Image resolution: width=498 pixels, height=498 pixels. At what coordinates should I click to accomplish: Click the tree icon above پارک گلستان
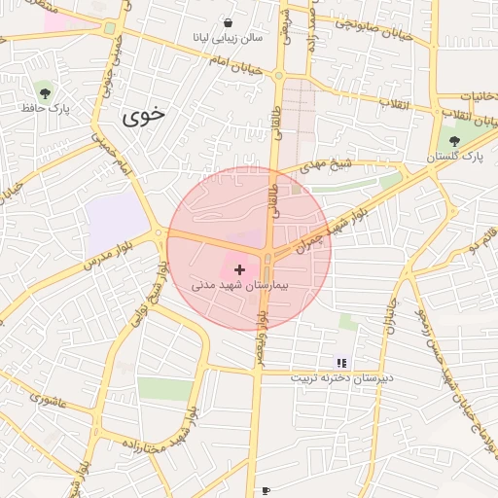point(454,141)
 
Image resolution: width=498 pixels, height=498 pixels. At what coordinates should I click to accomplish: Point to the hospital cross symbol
point(239,267)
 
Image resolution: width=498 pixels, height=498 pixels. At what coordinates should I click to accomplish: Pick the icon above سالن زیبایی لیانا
point(228,22)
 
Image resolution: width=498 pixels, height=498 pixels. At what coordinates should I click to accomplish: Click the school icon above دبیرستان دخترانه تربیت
point(340,363)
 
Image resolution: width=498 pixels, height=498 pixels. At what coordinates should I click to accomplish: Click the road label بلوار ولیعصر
point(261,335)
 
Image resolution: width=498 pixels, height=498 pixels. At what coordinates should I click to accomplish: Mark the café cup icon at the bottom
point(266,491)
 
